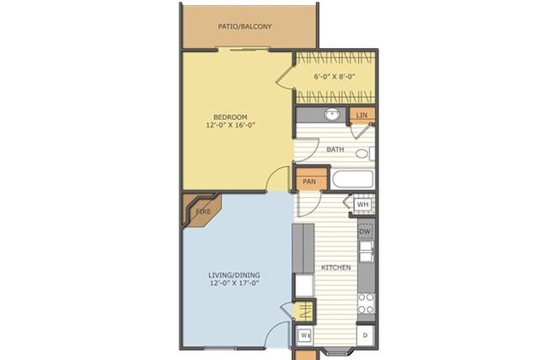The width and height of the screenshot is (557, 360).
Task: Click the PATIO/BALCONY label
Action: pos(245,27)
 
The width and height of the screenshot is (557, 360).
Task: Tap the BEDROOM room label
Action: pos(231,117)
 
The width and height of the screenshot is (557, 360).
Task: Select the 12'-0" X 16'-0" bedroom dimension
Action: pos(231,125)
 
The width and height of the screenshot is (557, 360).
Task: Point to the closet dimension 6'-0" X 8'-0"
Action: pos(334,76)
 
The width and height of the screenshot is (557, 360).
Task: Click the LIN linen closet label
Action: pos(362,115)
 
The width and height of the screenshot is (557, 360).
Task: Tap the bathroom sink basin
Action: pos(332,115)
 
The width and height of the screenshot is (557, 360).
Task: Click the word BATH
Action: pos(335,150)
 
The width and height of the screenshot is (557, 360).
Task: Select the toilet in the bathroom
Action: pos(365,153)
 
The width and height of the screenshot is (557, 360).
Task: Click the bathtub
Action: pos(352,179)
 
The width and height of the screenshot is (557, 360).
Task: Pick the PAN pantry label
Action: pos(309,182)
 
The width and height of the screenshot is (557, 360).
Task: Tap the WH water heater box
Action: pos(362,205)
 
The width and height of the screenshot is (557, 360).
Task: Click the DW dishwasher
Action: pos(365,231)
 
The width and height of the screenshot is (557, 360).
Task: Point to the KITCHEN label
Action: pos(336,267)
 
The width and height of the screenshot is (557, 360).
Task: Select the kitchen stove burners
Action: pos(366,303)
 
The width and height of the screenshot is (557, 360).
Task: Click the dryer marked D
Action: pos(366,335)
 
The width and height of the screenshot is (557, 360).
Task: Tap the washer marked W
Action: pos(305,335)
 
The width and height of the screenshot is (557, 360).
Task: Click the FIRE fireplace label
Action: pos(204,212)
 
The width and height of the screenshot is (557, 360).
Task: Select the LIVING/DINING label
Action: pos(234,275)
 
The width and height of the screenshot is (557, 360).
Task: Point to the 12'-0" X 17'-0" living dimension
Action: pos(234,283)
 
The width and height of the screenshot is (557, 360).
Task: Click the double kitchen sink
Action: pos(366,252)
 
